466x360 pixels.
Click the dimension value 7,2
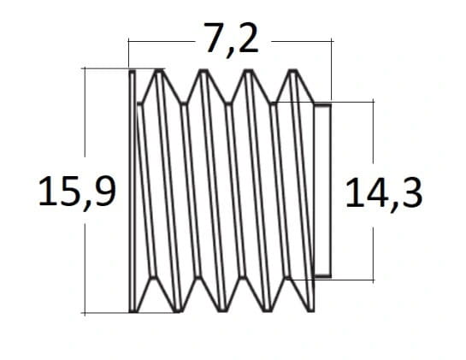pos(231,39)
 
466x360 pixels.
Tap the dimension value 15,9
pos(77,192)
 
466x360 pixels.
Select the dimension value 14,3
pos(384,194)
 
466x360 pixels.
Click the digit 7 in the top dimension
pos(215,38)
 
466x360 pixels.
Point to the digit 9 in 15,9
pos(104,191)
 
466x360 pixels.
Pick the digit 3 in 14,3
pos(412,193)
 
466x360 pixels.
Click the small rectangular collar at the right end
pos(322,191)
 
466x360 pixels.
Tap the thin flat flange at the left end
pos(133,191)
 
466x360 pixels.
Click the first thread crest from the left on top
pos(159,71)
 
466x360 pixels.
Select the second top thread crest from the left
pos(204,71)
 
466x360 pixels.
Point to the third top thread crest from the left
pos(248,71)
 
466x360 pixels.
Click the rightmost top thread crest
pos(292,71)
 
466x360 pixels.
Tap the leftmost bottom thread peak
pos(178,310)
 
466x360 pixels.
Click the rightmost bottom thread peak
pos(311,310)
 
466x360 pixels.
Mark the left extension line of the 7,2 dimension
pos(129,54)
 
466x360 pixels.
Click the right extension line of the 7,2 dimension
pos(332,71)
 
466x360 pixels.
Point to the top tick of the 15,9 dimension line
pos(85,68)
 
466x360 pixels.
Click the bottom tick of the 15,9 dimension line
pos(85,313)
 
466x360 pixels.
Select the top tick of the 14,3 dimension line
pos(374,102)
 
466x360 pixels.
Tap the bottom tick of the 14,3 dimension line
pos(374,280)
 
